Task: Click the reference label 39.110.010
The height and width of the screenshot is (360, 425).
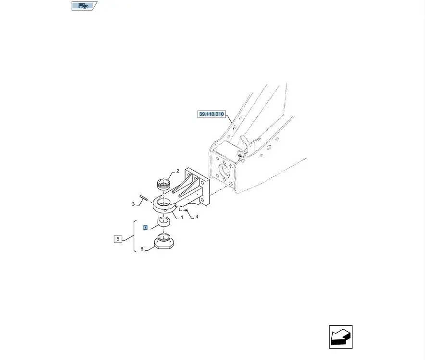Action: pyautogui.click(x=212, y=114)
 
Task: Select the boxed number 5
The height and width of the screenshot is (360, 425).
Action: pyautogui.click(x=117, y=238)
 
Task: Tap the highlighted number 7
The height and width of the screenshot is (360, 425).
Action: pyautogui.click(x=145, y=227)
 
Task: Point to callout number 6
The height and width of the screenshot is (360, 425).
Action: pyautogui.click(x=142, y=249)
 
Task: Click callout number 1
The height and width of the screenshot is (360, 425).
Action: pyautogui.click(x=182, y=218)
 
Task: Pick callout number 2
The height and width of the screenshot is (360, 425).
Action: pyautogui.click(x=177, y=171)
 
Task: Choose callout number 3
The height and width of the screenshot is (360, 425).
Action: pyautogui.click(x=133, y=204)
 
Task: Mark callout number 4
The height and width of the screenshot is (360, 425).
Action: pyautogui.click(x=197, y=217)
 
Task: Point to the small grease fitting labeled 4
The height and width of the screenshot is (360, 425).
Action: pyautogui.click(x=187, y=211)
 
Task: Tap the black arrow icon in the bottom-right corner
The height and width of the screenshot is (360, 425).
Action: pyautogui.click(x=341, y=336)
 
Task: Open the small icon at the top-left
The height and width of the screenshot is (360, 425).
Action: pyautogui.click(x=83, y=6)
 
